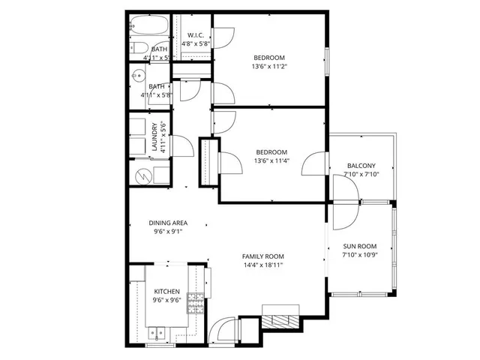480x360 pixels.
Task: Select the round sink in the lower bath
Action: (137, 76)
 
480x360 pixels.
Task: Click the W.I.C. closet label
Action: (196, 34)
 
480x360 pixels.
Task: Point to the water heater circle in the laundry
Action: (142, 175)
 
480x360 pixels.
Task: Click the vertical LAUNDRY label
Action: (155, 136)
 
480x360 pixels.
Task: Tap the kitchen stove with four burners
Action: (196, 302)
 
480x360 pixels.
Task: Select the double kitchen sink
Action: (157, 331)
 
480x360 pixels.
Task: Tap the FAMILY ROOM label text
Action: (262, 256)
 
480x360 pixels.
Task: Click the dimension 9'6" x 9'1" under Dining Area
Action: (167, 232)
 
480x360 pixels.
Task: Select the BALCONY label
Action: (361, 166)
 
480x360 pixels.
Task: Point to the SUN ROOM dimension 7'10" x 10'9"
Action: (360, 256)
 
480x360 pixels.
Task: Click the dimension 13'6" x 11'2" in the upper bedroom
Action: (269, 66)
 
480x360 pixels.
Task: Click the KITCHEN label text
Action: (166, 291)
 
